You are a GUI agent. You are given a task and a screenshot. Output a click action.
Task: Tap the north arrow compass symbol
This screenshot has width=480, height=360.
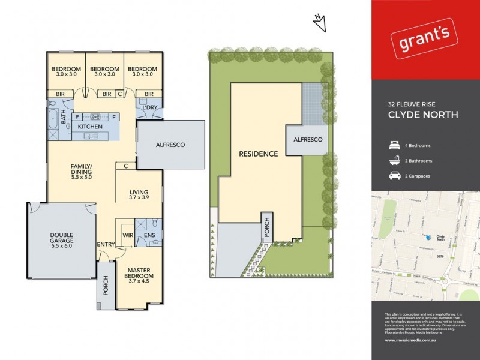pyautogui.click(x=319, y=23)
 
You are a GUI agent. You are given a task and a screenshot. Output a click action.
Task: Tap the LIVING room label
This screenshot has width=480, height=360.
pyautogui.click(x=139, y=193)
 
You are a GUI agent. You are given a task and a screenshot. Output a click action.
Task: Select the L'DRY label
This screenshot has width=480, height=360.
pyautogui.click(x=149, y=107)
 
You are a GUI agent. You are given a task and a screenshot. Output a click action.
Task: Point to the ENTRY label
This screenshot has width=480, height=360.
pyautogui.click(x=106, y=245)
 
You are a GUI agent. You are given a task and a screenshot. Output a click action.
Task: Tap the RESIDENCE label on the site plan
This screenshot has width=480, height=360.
pyautogui.click(x=259, y=154)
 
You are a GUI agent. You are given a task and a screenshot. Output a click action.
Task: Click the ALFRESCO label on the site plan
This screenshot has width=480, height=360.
pyautogui.click(x=307, y=139)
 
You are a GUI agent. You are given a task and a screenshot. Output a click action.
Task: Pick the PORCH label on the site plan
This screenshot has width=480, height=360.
pyautogui.click(x=267, y=227)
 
